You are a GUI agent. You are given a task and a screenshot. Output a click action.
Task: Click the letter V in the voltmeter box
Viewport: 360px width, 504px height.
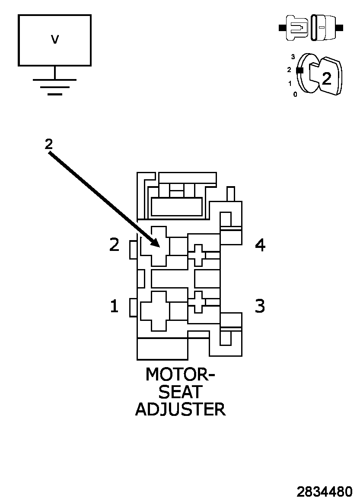(x=55, y=40)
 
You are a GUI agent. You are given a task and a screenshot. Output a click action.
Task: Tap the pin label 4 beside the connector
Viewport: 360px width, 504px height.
(x=260, y=245)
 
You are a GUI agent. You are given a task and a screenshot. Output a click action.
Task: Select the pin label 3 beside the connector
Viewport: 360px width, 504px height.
(x=260, y=306)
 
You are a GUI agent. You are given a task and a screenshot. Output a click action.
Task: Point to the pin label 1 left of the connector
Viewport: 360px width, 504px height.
(x=114, y=306)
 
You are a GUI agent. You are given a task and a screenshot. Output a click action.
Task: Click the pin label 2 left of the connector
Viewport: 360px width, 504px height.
(x=114, y=245)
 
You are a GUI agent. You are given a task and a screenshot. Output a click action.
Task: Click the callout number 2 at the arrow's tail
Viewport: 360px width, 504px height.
(x=48, y=144)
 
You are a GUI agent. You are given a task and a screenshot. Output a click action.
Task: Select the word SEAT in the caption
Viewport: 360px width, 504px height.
(x=180, y=392)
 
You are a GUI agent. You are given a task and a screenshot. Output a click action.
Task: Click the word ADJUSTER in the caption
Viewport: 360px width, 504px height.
(x=180, y=409)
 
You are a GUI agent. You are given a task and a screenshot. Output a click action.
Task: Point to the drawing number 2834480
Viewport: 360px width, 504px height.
(x=324, y=491)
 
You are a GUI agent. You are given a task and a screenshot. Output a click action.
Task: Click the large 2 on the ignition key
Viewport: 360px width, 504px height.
(x=327, y=79)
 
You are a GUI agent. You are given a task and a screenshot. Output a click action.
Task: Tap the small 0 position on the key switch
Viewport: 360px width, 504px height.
(x=295, y=94)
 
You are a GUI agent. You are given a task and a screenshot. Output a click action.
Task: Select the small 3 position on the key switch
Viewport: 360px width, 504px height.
(x=293, y=57)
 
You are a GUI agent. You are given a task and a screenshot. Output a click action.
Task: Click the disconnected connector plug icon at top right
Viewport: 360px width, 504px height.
(x=311, y=28)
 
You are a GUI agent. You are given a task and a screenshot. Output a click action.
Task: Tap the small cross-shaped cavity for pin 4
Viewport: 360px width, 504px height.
(x=198, y=255)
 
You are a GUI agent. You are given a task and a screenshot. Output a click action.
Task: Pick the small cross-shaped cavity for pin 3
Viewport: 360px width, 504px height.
(x=198, y=301)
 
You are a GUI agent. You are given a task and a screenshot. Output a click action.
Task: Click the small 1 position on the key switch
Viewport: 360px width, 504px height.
(x=290, y=83)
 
